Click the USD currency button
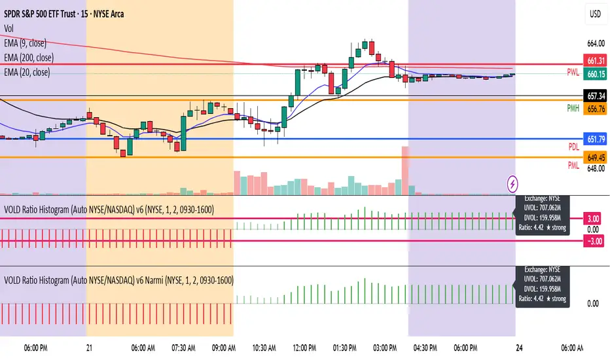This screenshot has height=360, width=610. point(596,14)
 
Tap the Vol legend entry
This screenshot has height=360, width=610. point(10,28)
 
